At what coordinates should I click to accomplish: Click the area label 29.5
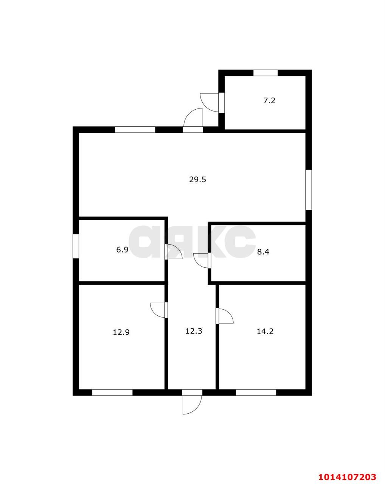[197, 180]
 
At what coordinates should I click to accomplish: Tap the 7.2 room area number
[269, 101]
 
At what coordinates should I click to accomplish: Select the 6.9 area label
[122, 250]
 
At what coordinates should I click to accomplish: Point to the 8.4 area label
[263, 252]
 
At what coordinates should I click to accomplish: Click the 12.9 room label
[121, 332]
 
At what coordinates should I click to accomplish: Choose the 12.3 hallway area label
[194, 331]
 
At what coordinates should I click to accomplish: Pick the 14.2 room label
[265, 331]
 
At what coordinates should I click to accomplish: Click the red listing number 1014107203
[347, 470]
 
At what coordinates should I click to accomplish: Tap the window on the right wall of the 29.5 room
[309, 189]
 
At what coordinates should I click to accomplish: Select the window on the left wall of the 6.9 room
[76, 246]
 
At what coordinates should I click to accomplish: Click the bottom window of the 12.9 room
[112, 392]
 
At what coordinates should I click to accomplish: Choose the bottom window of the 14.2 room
[256, 392]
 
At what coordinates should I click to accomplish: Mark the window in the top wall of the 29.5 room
[135, 130]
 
